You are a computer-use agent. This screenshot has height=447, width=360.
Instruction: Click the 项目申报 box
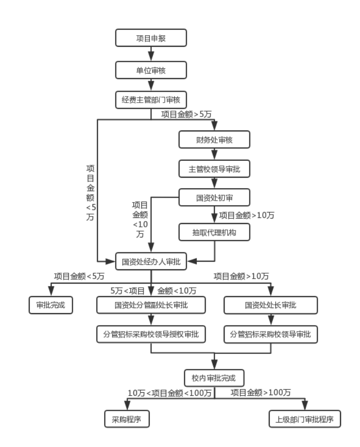pos(151,38)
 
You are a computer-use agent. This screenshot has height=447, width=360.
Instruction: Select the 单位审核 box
pos(151,70)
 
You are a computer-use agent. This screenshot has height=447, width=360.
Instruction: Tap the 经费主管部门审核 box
pos(151,99)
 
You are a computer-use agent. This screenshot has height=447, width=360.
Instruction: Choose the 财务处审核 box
pos(214,140)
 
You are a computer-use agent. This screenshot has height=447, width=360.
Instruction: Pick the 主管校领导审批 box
pos(214,169)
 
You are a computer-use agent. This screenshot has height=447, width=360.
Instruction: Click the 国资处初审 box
pos(214,198)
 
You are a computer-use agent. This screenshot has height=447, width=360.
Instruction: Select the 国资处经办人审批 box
pos(151,260)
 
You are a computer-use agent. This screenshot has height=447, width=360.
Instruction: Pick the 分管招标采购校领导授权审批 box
pos(151,335)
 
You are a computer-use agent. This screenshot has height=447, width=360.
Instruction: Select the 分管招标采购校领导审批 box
pos(271,335)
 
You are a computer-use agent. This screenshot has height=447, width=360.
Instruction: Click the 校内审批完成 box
pos(214,377)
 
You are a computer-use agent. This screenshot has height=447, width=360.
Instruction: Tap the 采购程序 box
pos(126,418)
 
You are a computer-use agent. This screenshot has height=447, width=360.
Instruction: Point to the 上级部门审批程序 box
pos(305,418)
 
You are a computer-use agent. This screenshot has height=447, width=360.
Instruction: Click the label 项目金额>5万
pos(187,114)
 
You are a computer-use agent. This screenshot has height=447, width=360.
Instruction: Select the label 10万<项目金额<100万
pos(170,393)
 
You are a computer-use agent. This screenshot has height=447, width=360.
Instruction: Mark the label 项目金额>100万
pos(261,393)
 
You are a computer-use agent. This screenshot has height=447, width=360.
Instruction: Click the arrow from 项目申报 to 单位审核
pos(151,54)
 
